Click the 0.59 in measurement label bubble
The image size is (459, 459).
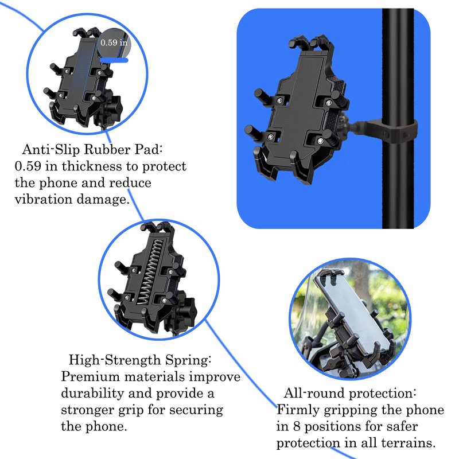(114, 43)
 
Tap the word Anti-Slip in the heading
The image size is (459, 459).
(51, 149)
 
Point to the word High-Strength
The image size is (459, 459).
(115, 360)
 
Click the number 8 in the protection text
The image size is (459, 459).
(297, 426)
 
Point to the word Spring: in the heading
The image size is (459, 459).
(188, 360)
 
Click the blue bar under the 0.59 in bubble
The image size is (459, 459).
(114, 60)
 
